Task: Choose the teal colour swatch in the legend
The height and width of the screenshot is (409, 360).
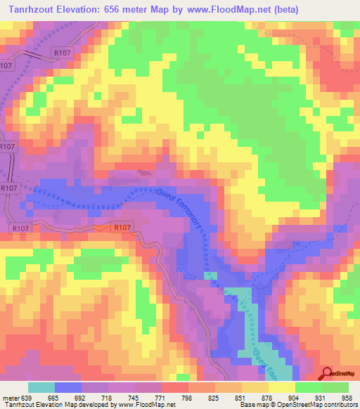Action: point(41,387)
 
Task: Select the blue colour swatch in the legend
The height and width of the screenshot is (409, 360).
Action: point(68,387)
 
